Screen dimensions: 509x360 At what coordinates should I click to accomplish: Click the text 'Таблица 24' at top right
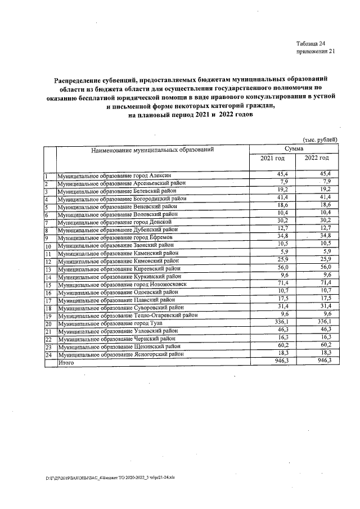point(310,44)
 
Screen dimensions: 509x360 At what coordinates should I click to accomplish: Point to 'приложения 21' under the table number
point(315,52)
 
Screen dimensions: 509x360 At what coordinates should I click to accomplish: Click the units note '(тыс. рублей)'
point(319,139)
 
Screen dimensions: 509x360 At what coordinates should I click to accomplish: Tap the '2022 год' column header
point(316,158)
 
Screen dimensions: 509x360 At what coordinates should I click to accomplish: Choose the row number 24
point(48,356)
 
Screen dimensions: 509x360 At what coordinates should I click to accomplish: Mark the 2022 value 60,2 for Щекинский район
point(325,346)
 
